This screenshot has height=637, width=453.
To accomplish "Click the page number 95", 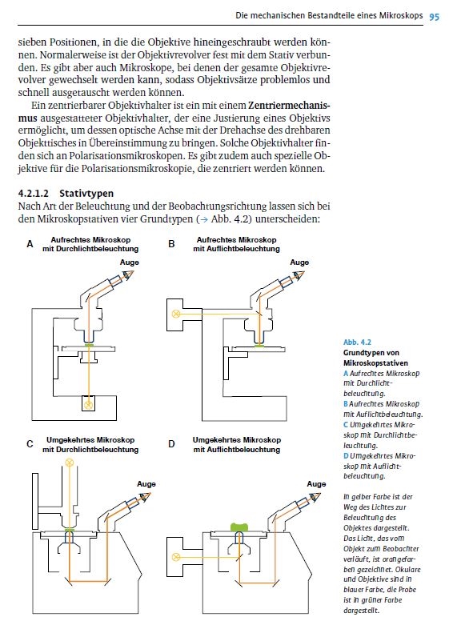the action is (x=435, y=17).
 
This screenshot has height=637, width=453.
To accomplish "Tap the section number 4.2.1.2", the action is (x=34, y=194).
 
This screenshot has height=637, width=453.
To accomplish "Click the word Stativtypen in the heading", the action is (x=86, y=194).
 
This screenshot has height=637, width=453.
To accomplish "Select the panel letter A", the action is (x=30, y=244).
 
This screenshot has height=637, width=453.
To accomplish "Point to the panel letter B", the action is (x=171, y=244).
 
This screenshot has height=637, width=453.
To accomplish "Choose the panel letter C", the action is (x=30, y=443).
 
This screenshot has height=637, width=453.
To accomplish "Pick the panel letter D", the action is (x=171, y=443).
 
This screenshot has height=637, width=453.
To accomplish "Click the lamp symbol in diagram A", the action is (x=89, y=405).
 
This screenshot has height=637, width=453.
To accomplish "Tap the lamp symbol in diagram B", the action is (x=176, y=314).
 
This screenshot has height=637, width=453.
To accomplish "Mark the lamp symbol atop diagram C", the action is (x=69, y=462).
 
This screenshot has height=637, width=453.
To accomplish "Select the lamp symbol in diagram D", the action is (x=176, y=557).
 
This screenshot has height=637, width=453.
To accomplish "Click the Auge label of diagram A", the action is (x=129, y=262).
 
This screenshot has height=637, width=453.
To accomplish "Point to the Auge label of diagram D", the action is (x=316, y=484).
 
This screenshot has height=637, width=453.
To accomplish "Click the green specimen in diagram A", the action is (x=89, y=345).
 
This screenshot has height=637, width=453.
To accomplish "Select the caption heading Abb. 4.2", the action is (x=357, y=342).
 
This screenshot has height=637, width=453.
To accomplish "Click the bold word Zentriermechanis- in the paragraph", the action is (x=289, y=106).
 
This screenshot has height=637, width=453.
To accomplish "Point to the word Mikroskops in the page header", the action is (x=401, y=16).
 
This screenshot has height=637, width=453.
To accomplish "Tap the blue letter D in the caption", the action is (x=346, y=456).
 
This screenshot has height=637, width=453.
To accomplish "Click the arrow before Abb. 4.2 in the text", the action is (x=204, y=219).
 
